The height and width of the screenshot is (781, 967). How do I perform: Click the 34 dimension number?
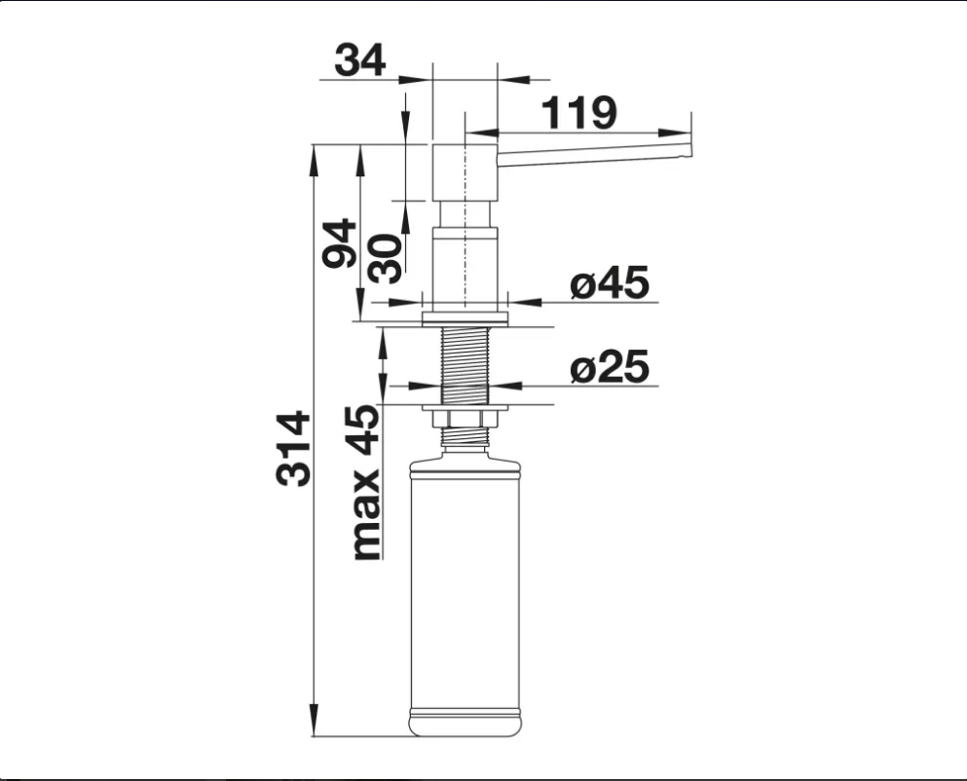click(360, 59)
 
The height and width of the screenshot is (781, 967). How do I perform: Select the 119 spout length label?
click(578, 113)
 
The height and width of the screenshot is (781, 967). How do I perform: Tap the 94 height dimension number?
click(340, 243)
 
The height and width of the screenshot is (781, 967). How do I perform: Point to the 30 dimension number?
click(385, 258)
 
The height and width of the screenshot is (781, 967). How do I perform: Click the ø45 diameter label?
click(610, 282)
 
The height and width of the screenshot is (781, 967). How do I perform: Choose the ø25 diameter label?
click(610, 366)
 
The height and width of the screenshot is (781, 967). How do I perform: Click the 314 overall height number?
click(293, 448)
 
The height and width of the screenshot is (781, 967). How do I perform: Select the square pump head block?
click(465, 172)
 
